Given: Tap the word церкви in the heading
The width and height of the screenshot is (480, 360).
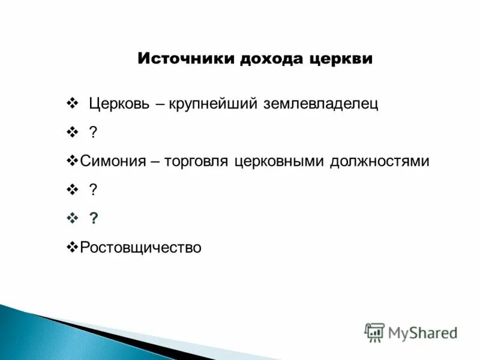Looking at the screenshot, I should pyautogui.click(x=343, y=59).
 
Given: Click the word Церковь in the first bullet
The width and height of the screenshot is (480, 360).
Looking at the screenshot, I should pyautogui.click(x=119, y=104).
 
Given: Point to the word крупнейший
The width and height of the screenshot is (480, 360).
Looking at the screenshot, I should pyautogui.click(x=214, y=104).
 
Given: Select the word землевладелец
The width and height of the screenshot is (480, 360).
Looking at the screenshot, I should pyautogui.click(x=321, y=104).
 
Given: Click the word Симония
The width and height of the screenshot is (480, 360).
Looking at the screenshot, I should pyautogui.click(x=112, y=161).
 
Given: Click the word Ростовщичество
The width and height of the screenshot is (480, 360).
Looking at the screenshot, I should pyautogui.click(x=141, y=247).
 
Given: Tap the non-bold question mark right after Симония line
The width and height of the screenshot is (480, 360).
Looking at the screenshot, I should pyautogui.click(x=93, y=190).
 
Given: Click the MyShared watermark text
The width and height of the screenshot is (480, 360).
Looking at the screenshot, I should pyautogui.click(x=422, y=332).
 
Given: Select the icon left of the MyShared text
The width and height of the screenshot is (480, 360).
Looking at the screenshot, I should pyautogui.click(x=374, y=332).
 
